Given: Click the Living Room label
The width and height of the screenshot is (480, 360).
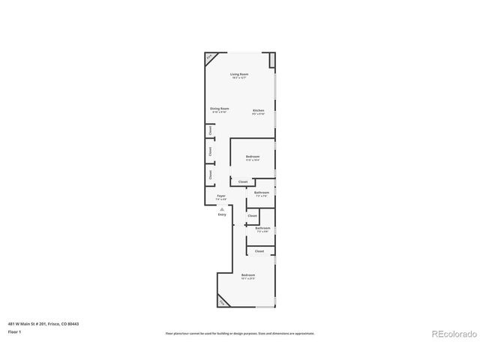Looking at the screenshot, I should click(239, 75).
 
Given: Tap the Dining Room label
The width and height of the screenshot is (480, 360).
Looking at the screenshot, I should click(219, 109).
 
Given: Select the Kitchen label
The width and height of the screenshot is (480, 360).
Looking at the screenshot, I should click(258, 111).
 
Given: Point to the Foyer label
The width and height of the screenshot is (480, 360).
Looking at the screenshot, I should click(221, 196).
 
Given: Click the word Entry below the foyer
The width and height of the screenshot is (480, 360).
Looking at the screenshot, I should click(222, 214).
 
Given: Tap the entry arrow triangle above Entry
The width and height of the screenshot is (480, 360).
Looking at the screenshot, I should click(222, 208).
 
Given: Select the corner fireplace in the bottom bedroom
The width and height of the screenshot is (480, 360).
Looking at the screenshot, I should click(222, 302).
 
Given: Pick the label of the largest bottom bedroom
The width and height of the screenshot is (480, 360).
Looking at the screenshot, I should click(248, 276).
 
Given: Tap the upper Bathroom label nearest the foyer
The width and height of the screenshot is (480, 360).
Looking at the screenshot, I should click(261, 193).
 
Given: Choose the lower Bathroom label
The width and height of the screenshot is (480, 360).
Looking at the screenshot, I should click(262, 229).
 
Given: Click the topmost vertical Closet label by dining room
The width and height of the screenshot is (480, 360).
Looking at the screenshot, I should click(210, 130).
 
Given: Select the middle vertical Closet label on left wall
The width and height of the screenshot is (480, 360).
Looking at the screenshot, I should click(210, 151).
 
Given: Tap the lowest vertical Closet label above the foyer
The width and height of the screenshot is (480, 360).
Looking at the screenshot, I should click(210, 174).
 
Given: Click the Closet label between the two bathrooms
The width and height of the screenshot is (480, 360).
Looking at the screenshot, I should click(252, 216).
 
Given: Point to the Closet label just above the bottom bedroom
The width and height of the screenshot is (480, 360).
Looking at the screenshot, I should click(259, 251).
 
